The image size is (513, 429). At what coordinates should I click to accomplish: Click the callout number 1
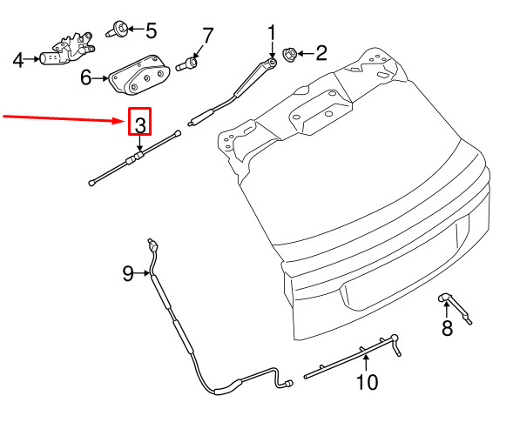click(272, 33)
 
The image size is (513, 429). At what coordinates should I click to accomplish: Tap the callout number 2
click(321, 53)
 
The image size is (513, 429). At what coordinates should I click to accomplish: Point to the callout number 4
click(18, 60)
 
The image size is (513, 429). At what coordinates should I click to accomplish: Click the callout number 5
click(152, 30)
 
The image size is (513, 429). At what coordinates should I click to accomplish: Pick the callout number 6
click(86, 77)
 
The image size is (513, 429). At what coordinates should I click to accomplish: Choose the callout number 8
click(447, 328)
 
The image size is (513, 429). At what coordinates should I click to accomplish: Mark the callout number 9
click(128, 273)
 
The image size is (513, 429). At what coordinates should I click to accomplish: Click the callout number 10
click(367, 382)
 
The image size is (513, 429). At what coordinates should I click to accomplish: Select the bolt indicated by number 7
click(187, 64)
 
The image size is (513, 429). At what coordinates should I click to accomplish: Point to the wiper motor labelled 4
click(68, 50)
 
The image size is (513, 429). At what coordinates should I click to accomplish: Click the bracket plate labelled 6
click(139, 76)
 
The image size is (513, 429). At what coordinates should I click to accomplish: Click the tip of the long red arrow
click(125, 121)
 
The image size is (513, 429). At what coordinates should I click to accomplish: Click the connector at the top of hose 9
click(152, 245)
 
